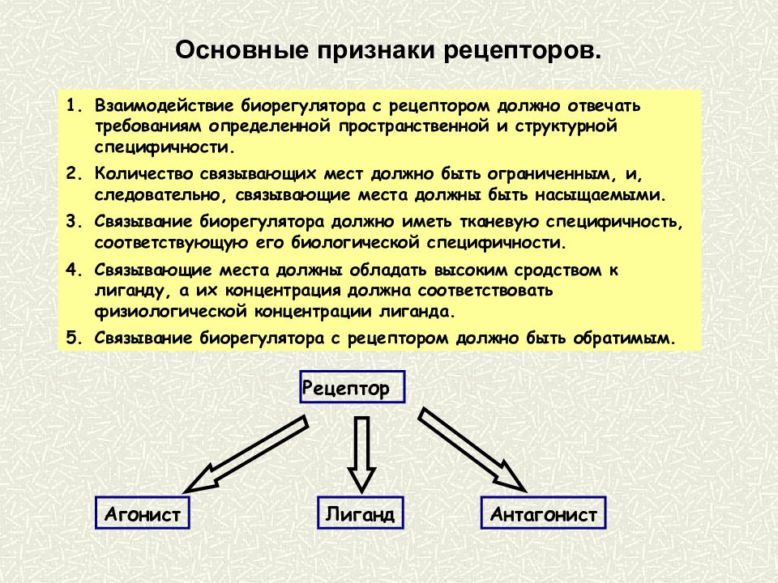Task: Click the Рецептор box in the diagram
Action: (353, 387)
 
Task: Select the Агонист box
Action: (143, 513)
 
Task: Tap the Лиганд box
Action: (360, 513)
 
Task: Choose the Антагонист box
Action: (543, 513)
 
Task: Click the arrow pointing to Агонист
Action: (246, 454)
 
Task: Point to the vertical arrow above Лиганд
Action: (361, 454)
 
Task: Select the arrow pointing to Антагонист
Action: (472, 449)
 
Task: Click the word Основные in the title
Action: (242, 50)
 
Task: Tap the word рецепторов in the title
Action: (522, 51)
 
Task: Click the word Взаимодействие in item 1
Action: (165, 106)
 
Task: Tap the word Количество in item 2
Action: (143, 174)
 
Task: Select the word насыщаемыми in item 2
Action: (600, 195)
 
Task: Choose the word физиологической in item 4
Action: (170, 311)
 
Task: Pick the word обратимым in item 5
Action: (625, 338)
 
